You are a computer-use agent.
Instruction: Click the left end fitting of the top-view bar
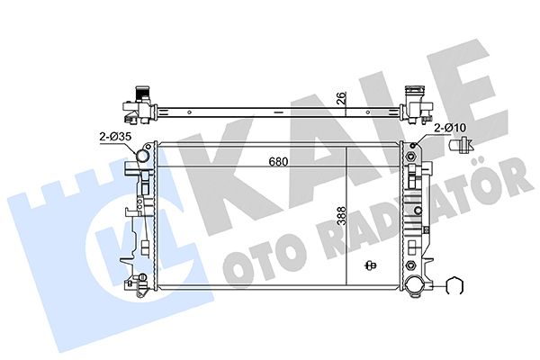coord(136,103)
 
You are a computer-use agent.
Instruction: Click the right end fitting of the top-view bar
coord(414,102)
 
